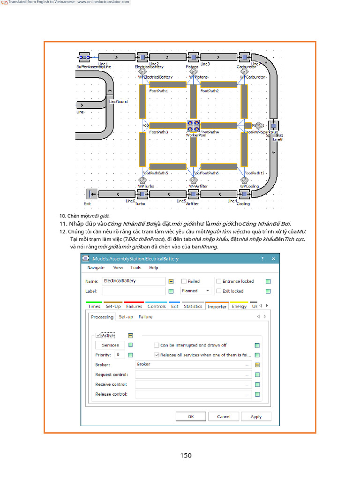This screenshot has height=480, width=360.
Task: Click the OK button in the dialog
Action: (x=191, y=416)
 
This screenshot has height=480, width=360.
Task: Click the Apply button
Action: (x=256, y=416)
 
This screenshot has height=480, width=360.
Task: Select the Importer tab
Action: (x=217, y=307)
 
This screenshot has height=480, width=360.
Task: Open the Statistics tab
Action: (x=193, y=307)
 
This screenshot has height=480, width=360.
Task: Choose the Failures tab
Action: (x=134, y=307)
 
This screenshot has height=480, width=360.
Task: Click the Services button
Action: (x=111, y=345)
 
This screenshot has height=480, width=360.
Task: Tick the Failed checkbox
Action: (x=184, y=281)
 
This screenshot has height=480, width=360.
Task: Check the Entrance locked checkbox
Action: (x=219, y=281)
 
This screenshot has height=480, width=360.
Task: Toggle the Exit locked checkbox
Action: (x=219, y=291)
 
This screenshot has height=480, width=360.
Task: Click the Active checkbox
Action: (x=98, y=335)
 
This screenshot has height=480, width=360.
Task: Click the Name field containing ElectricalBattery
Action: (x=134, y=281)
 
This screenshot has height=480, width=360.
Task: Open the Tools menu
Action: (x=136, y=268)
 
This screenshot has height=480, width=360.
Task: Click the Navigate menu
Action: (x=96, y=268)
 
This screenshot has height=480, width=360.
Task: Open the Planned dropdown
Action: (x=196, y=291)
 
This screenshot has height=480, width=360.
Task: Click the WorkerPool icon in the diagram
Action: (x=193, y=126)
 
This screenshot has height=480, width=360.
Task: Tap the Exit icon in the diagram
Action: (x=92, y=194)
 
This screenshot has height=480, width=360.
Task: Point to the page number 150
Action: (x=186, y=455)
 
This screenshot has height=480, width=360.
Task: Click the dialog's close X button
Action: (x=273, y=259)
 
